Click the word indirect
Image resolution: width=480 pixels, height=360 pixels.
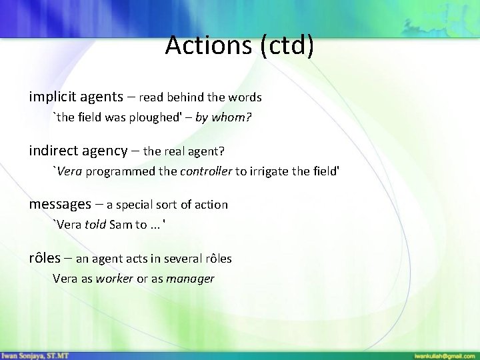tap(51, 151)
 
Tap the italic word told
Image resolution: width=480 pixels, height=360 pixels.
tap(96, 225)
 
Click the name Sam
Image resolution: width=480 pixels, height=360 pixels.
tap(121, 225)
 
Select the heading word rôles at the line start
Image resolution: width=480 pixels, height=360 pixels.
tap(45, 258)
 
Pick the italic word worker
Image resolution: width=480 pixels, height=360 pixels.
tap(115, 279)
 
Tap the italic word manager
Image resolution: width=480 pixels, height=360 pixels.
tap(191, 279)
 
